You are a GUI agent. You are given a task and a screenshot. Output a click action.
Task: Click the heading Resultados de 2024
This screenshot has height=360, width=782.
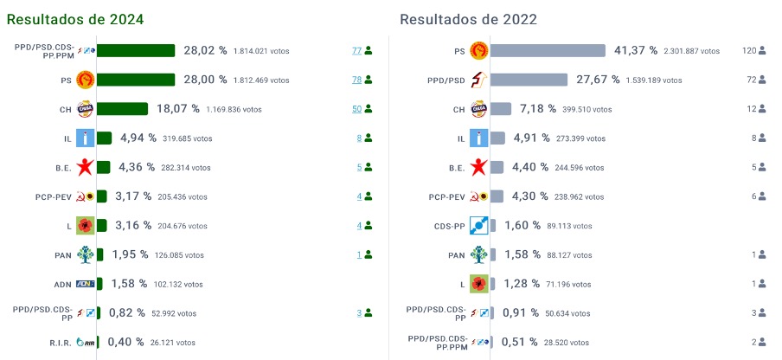pos(75,19)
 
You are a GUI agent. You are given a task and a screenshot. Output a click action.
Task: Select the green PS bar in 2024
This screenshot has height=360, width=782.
pos(135,80)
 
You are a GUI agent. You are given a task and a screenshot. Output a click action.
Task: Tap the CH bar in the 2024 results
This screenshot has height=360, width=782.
pos(122,109)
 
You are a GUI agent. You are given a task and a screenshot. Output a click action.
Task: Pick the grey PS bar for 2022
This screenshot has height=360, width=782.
pos(548,51)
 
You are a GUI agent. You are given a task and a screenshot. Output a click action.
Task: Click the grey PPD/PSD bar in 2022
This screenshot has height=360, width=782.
pos(529,80)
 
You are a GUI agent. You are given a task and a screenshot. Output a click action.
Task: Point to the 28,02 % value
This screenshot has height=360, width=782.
pos(205,51)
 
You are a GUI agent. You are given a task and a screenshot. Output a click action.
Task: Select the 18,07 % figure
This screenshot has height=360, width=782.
pos(177,109)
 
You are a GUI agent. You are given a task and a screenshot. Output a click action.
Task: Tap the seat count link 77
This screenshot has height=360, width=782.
pos(356,51)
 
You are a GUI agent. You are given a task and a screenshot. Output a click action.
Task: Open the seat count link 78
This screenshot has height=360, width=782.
pos(356,80)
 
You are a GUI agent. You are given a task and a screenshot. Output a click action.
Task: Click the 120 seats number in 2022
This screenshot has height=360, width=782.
pos(749,51)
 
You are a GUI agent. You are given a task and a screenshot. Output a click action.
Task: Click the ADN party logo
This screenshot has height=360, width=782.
pos(86,284)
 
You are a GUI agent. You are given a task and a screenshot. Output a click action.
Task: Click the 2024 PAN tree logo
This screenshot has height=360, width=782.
pos(86,254)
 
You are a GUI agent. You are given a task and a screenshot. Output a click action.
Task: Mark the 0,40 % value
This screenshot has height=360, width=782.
pos(126,342)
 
